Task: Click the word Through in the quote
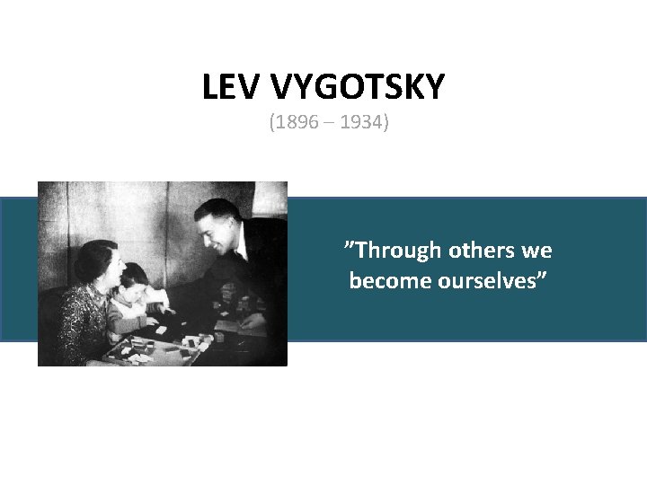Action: point(391,250)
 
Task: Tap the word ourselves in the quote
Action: point(493,281)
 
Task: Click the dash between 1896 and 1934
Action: point(330,122)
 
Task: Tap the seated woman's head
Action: point(97,262)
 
